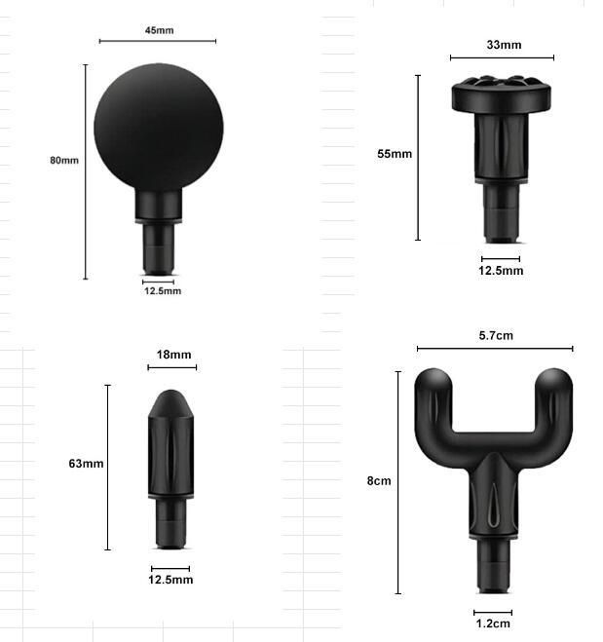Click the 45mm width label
[x=159, y=30]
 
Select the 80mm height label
[x=64, y=160]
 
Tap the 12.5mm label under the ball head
[x=163, y=290]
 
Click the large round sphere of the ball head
[x=159, y=127]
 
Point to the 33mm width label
[x=504, y=45]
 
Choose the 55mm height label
[x=395, y=154]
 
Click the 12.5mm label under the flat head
[x=501, y=271]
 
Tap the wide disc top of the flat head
[x=503, y=94]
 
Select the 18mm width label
[x=174, y=355]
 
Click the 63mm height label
[x=86, y=464]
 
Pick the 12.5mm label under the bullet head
[x=170, y=580]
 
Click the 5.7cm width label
[x=496, y=335]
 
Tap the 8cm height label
[x=379, y=481]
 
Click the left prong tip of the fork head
[x=433, y=383]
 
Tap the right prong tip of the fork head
[x=554, y=383]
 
